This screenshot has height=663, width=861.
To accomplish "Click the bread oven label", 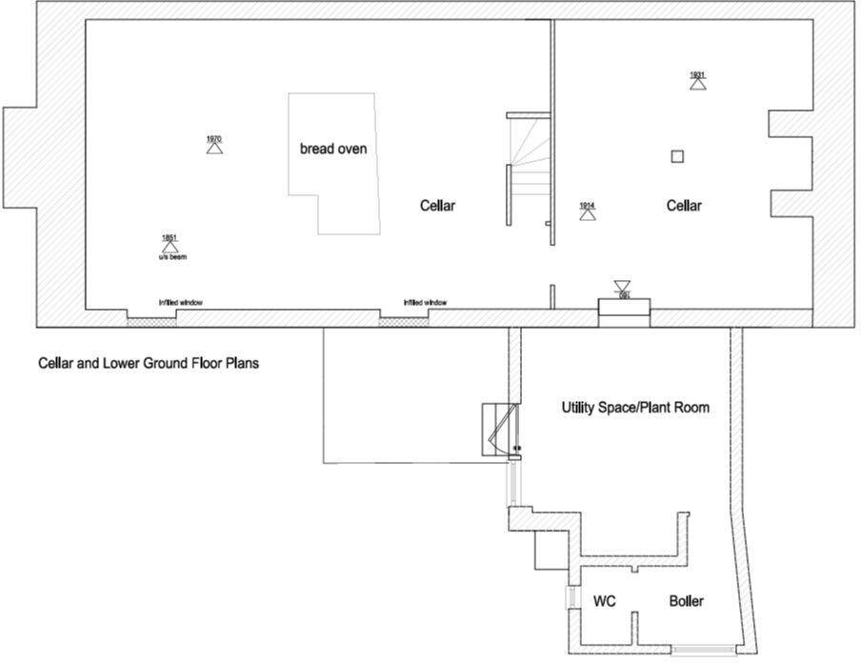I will pos(333,150).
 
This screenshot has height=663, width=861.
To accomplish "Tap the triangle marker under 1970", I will pos(214,149).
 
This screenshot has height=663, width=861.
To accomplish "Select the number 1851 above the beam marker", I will pos(170,237).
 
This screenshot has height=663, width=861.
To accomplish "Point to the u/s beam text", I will pos(172,257).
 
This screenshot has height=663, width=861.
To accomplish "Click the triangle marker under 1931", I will pos(698,84).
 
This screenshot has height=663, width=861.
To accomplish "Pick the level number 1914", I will pos(587,205).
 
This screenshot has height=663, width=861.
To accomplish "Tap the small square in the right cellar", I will pos(677,157).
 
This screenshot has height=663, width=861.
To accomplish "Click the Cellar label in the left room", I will pos(438,206).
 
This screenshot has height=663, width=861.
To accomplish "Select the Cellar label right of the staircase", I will pos(684,206).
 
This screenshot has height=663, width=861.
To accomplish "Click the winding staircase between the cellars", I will pos(528,168).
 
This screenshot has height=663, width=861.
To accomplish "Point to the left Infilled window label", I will pos(181,303).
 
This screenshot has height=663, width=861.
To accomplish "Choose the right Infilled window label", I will pos(425,303).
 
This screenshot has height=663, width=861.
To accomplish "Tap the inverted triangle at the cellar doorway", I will pos(622,286).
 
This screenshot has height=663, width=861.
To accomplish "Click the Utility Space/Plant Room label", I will pos(635,408).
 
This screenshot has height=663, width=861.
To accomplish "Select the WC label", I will pos(604,601).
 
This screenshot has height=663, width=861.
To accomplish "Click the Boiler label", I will pos(686,601).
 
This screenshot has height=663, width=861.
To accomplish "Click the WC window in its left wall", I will pos(571,598).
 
